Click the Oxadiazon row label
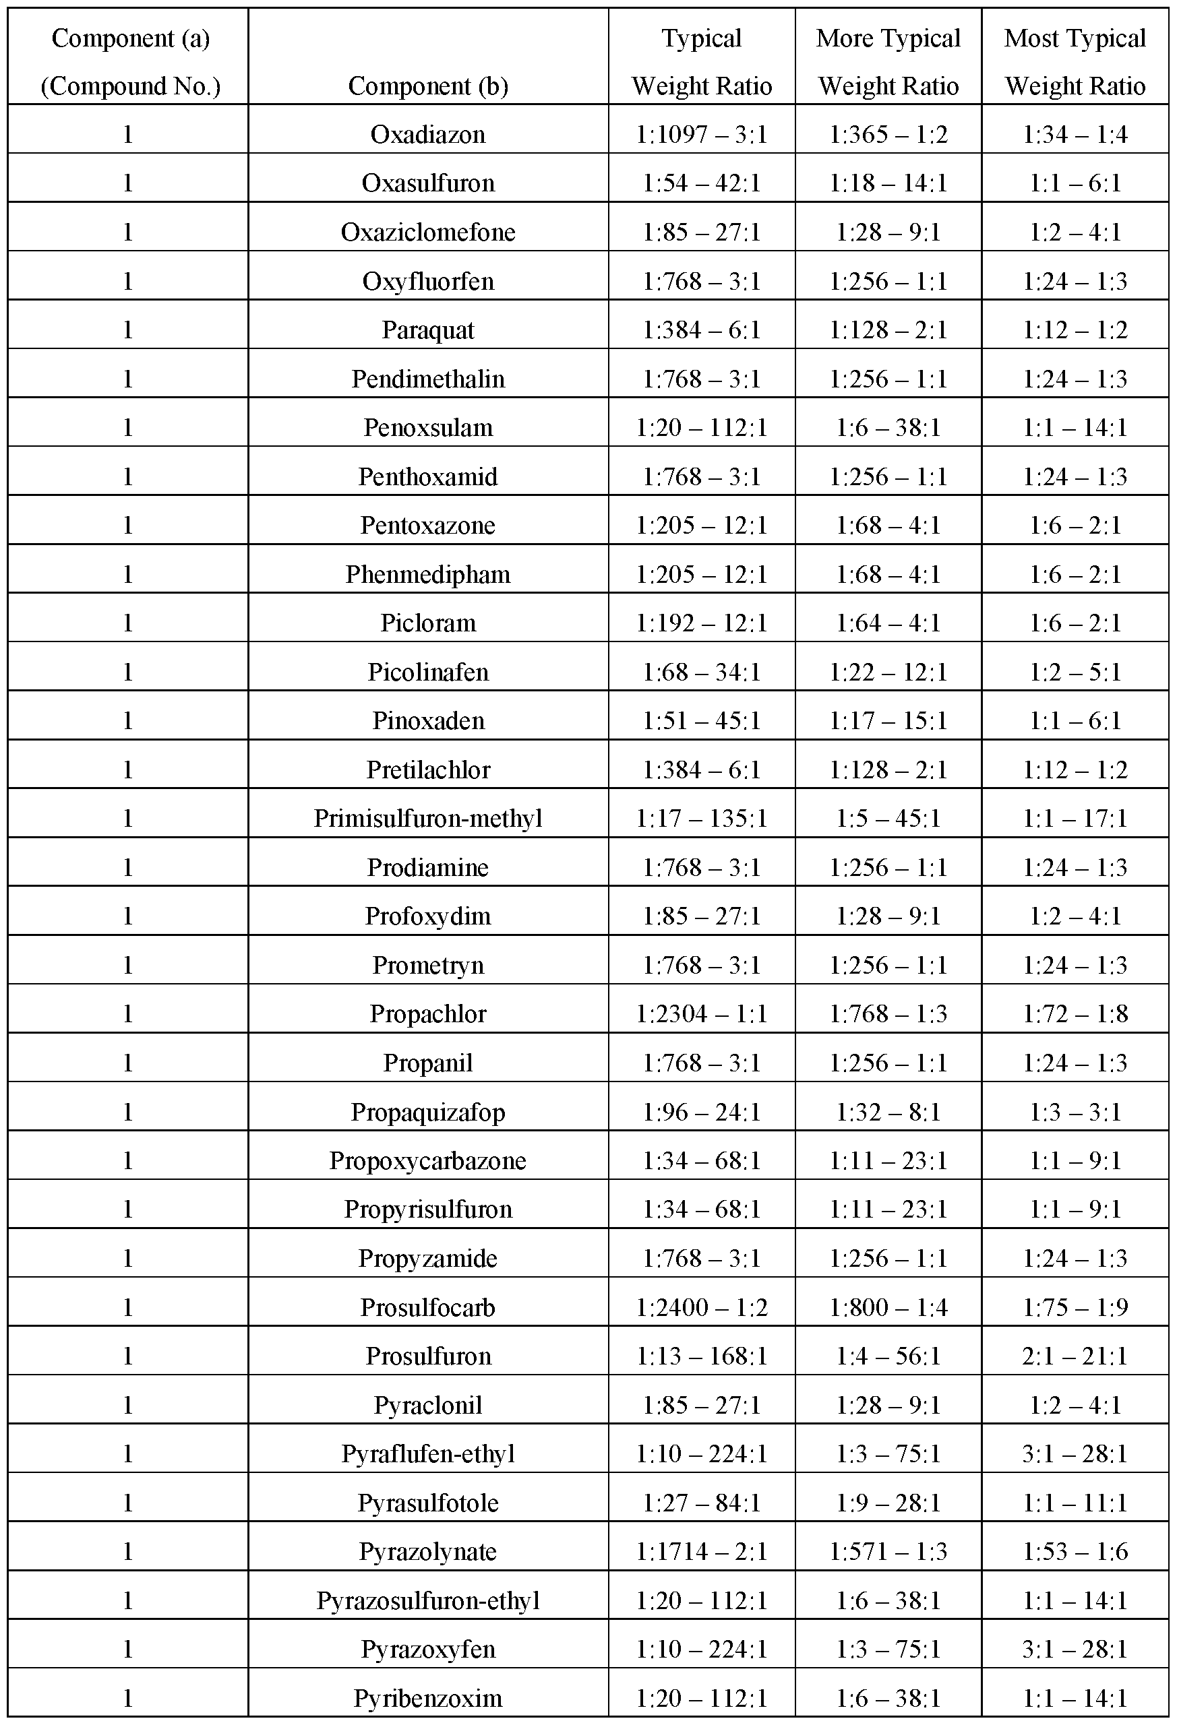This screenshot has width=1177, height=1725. tap(428, 134)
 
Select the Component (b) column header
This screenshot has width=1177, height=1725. tap(428, 86)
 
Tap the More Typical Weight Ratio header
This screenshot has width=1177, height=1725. tap(888, 61)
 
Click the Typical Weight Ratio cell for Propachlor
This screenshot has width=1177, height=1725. tap(701, 1014)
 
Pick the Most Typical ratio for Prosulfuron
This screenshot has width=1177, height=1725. tap(1075, 1357)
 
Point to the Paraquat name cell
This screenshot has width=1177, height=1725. tap(428, 330)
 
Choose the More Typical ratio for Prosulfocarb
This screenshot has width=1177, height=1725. tap(888, 1308)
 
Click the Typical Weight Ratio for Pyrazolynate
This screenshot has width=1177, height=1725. tap(701, 1552)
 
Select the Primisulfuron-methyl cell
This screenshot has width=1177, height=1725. tap(428, 819)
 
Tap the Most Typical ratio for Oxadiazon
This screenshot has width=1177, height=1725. tap(1075, 134)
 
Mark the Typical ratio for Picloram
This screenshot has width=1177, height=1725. tap(701, 623)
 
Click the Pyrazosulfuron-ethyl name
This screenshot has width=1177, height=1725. tap(428, 1601)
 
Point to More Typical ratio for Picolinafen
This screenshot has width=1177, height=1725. tap(888, 672)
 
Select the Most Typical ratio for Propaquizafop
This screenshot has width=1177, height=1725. tap(1075, 1112)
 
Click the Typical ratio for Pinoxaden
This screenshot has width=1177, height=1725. tap(701, 722)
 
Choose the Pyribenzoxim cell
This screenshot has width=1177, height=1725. tap(428, 1699)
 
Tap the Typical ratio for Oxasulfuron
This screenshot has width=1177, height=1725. tap(701, 183)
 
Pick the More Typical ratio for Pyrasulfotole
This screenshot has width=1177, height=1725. tap(888, 1504)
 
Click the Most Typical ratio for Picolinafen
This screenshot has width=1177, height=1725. tap(1075, 672)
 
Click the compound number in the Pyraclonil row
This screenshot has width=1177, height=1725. tap(127, 1406)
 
